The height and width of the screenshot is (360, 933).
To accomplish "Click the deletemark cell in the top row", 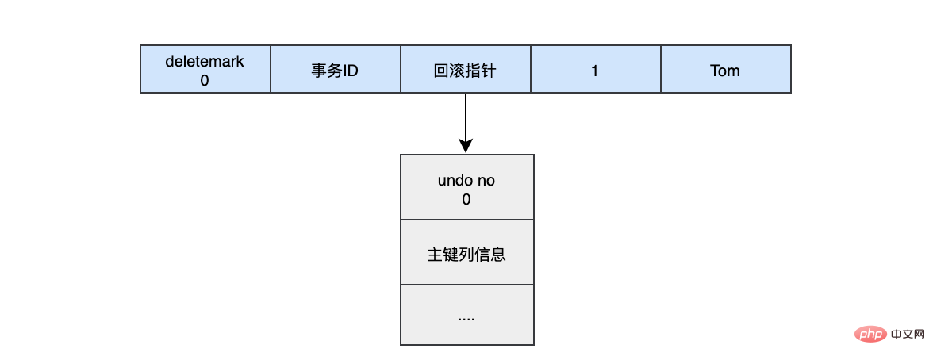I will [205, 70].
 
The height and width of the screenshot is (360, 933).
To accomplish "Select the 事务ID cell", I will [336, 70].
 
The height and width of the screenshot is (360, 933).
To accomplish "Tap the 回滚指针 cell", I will [466, 70].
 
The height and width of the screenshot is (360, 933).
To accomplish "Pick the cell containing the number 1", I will [595, 70].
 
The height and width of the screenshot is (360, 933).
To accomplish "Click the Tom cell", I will [725, 70].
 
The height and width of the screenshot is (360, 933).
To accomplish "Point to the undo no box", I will [467, 187].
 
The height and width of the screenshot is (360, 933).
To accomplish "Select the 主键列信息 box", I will [467, 252].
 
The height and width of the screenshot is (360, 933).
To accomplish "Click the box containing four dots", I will [467, 315].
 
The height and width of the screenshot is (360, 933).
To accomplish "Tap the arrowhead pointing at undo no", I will [466, 147].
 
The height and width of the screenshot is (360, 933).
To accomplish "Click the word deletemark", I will [205, 61].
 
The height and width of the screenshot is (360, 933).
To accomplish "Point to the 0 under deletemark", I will [205, 79].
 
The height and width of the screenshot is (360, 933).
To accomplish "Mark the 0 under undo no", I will [466, 199].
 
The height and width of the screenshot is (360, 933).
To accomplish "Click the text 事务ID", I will [336, 71].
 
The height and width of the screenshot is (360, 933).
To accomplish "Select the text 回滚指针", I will [466, 71].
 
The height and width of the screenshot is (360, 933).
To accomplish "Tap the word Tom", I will [725, 71].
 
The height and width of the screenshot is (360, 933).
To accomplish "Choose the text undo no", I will [466, 181].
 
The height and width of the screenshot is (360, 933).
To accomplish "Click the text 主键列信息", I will [466, 255].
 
